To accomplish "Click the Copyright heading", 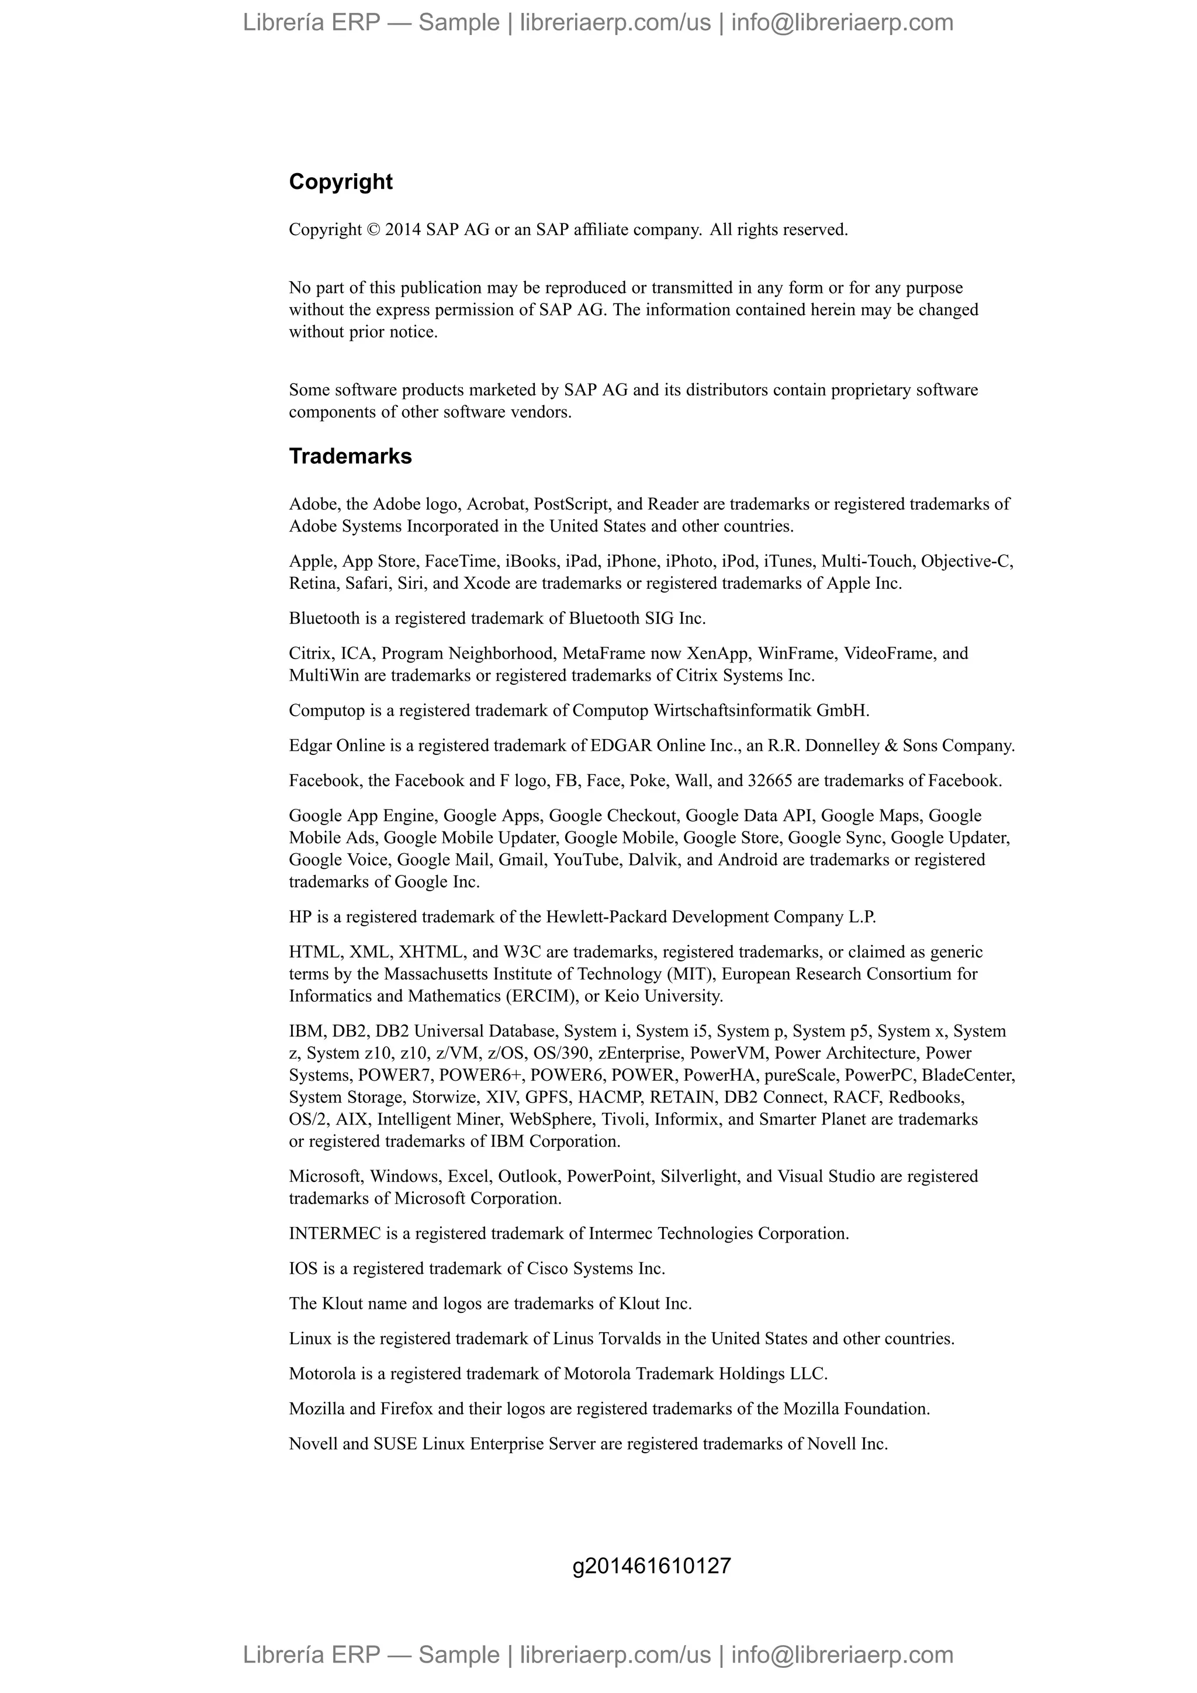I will pos(341,181).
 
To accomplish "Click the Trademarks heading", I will pos(350,456).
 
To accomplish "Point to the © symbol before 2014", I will pos(373,230).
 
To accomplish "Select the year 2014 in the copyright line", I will pos(403,230).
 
